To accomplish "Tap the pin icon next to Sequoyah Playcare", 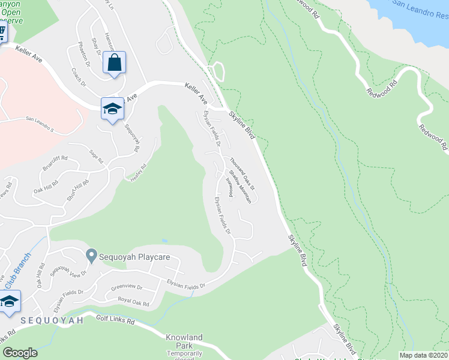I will coord(91,256).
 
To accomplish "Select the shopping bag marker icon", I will coord(114,62).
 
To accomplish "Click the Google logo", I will coord(20,353).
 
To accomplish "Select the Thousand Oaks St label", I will coord(242,173).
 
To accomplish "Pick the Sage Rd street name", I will coord(96,157).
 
